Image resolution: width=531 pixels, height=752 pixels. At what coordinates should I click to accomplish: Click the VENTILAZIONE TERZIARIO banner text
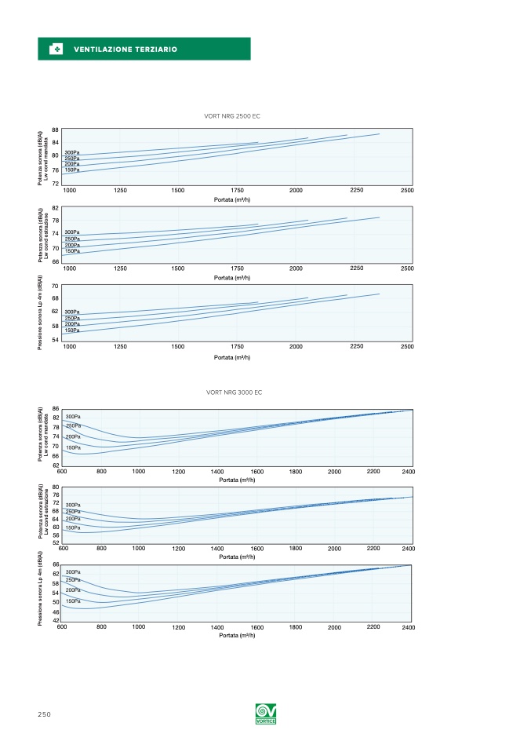click(x=125, y=49)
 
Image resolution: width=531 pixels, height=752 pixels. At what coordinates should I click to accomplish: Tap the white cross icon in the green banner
click(x=56, y=49)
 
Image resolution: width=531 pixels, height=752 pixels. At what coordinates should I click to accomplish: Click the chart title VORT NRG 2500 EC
click(x=231, y=116)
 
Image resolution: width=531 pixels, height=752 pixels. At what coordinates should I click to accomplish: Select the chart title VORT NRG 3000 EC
click(x=234, y=392)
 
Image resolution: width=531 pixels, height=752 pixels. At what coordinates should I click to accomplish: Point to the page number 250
click(x=44, y=714)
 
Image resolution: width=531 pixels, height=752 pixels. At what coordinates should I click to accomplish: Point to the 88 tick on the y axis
click(x=56, y=130)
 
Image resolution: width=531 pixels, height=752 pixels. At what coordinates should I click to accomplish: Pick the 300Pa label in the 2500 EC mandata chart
click(x=72, y=152)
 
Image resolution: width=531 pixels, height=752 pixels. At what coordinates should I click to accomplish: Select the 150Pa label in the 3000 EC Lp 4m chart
click(x=73, y=601)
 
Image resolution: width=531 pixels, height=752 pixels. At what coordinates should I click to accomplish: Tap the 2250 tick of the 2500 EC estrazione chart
click(x=357, y=268)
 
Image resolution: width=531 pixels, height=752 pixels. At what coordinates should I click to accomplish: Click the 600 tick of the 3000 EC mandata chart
click(x=62, y=471)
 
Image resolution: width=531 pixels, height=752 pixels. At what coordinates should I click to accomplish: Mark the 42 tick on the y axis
click(x=56, y=620)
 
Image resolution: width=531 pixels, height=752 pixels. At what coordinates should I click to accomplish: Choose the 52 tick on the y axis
click(x=56, y=542)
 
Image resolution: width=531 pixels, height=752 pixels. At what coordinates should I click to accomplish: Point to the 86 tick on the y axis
click(x=56, y=408)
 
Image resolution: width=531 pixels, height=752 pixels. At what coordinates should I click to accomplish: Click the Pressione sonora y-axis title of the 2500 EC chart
click(x=41, y=313)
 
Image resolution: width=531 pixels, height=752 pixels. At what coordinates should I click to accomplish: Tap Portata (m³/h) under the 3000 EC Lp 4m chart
click(x=238, y=636)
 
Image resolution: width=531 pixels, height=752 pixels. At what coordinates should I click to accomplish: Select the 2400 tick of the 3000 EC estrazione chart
click(x=408, y=549)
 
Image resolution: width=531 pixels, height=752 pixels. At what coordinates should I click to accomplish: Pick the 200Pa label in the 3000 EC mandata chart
click(x=73, y=436)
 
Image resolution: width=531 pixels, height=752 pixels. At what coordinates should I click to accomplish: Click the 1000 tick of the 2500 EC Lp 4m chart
click(x=70, y=346)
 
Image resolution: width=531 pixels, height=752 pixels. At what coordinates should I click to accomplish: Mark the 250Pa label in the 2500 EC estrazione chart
click(x=72, y=239)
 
